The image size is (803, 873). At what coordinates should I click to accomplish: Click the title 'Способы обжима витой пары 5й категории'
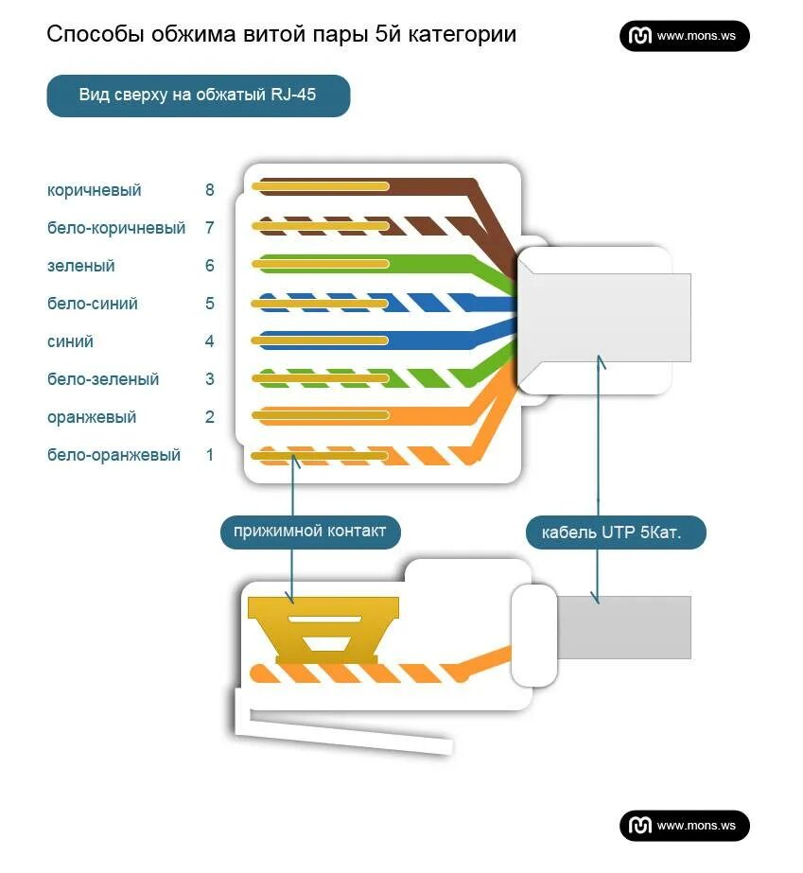coord(281,35)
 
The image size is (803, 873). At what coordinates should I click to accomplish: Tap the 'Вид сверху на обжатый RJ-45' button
coord(198,96)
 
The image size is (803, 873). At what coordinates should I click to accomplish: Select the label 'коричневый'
coord(95,190)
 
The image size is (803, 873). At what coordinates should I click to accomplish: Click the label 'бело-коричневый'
coord(116,228)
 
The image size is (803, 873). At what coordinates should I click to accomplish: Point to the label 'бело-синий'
coord(93,304)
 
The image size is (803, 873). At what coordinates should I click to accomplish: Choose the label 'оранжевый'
coord(92,417)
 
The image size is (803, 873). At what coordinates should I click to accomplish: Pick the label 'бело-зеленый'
coord(103,379)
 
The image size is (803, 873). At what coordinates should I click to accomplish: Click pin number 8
coord(210,190)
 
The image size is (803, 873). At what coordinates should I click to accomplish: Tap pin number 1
coord(210,455)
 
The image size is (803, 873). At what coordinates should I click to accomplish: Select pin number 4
coord(210,341)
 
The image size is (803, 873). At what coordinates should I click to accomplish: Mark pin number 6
coord(210,266)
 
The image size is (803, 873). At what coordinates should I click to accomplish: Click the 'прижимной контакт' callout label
coord(310,531)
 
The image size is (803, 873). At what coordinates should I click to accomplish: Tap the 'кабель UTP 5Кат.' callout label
coord(617,533)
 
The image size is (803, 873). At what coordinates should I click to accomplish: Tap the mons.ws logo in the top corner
coord(685,36)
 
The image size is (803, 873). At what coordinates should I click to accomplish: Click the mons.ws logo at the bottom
coord(685,826)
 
